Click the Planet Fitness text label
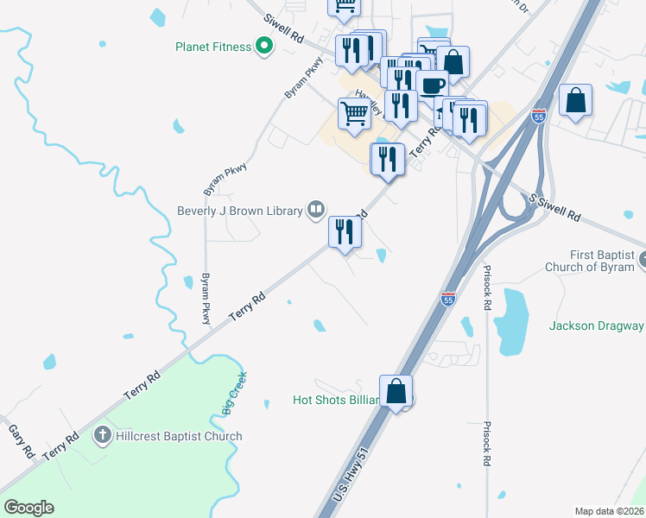[x=212, y=47]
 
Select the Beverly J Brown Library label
[x=239, y=210]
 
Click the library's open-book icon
[x=316, y=209]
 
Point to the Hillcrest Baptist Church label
[x=180, y=436]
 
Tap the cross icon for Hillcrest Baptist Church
[x=103, y=435]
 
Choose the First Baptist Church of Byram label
[x=594, y=261]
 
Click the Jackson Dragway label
[x=596, y=325]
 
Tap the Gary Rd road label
[x=20, y=440]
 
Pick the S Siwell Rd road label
[x=556, y=206]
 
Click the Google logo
[x=29, y=508]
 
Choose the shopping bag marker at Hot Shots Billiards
[x=396, y=391]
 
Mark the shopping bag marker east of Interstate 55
[x=575, y=100]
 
